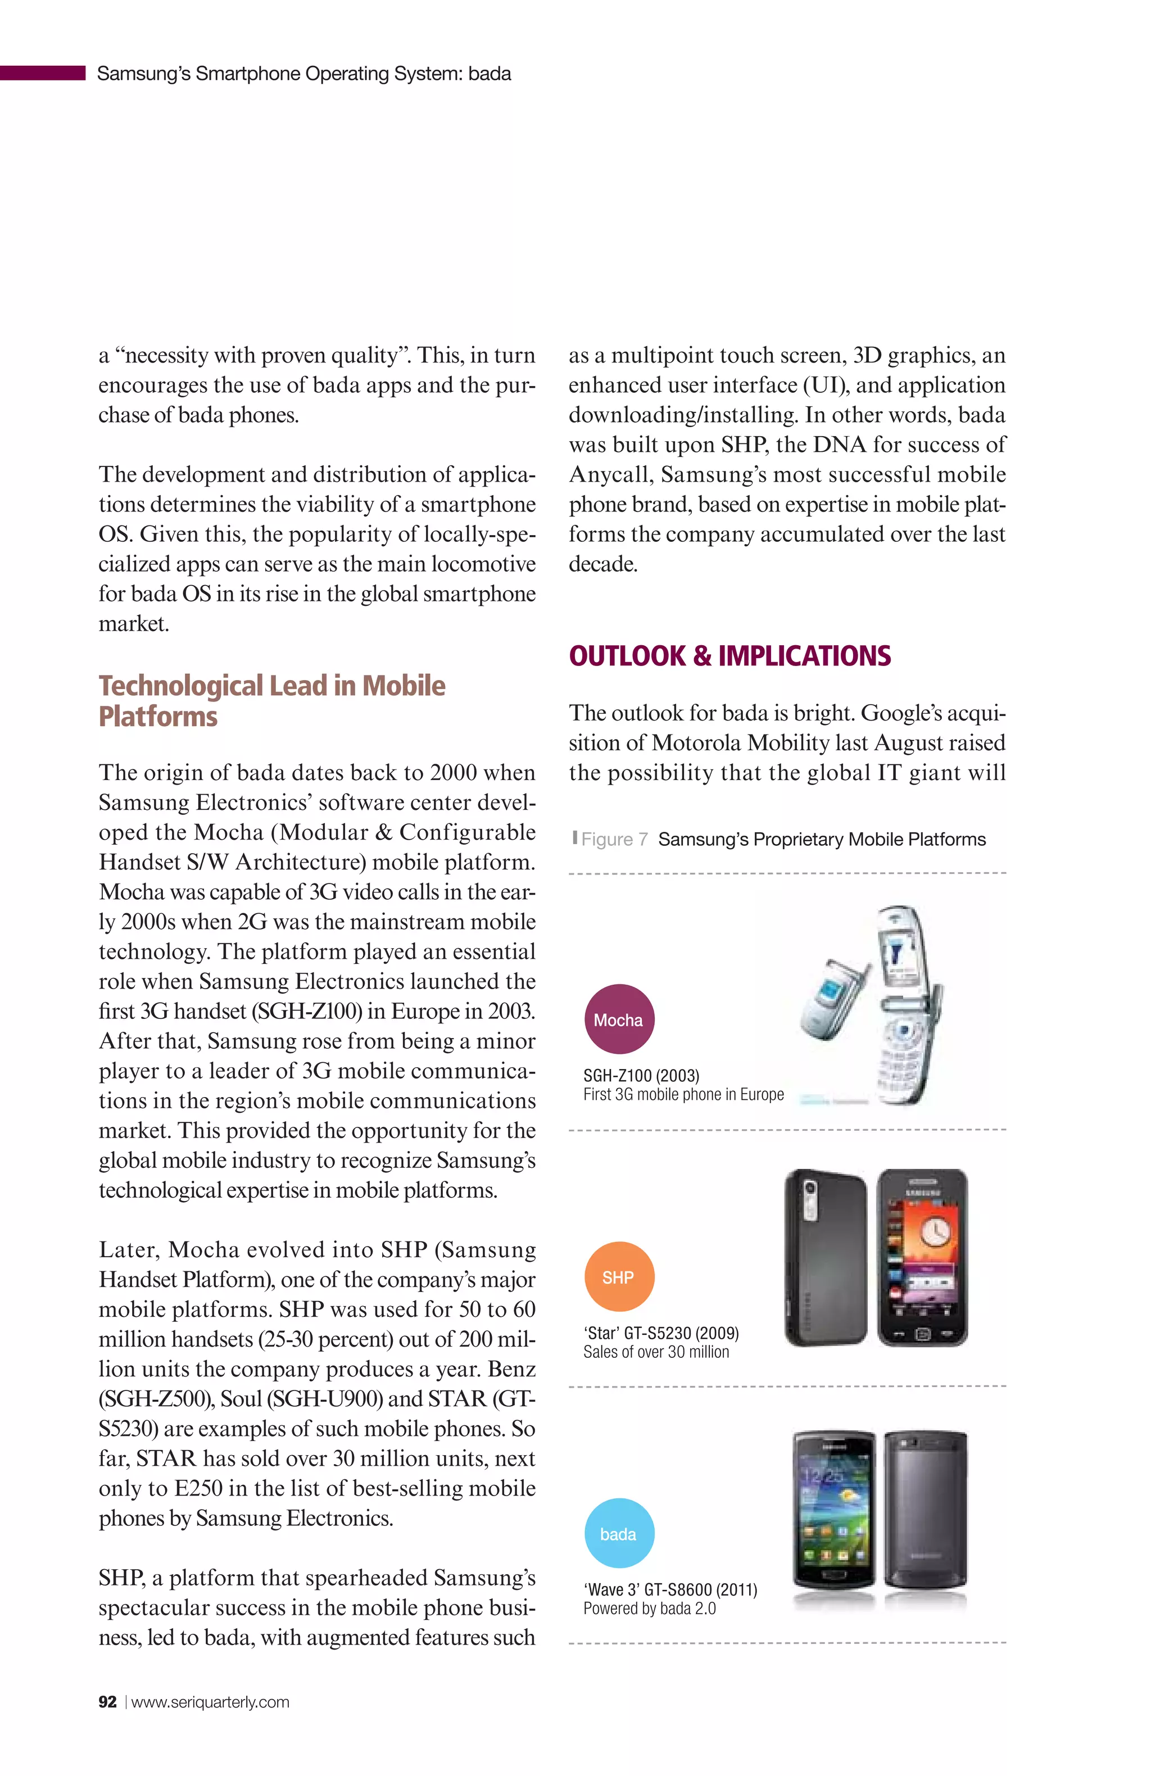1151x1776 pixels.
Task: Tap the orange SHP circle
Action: pos(619,1277)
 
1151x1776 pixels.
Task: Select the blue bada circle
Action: pos(619,1533)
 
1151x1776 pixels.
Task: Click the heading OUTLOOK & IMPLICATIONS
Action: pos(729,656)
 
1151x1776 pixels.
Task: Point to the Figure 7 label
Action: pos(614,840)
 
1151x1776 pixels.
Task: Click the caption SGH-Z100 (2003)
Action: pos(641,1075)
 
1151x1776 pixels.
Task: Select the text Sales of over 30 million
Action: pos(655,1352)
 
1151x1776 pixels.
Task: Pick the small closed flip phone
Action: pos(832,1000)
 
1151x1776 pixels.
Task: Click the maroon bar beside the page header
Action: pos(43,73)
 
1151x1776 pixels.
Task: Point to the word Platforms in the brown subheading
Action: pos(157,717)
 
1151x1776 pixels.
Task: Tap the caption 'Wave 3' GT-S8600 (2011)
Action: pos(669,1589)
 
